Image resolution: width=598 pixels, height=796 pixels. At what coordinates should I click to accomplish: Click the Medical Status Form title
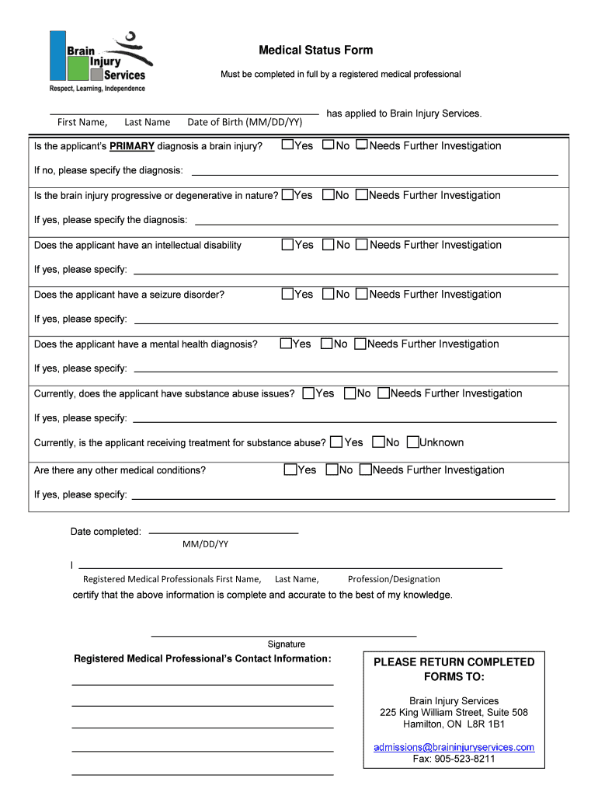315,51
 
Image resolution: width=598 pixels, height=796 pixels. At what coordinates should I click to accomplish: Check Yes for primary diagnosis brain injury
287,145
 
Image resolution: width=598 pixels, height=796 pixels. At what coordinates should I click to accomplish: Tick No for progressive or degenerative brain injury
329,195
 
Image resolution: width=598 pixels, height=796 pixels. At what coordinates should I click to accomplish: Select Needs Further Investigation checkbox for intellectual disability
362,245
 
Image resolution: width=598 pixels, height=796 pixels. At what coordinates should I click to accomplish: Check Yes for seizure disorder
287,294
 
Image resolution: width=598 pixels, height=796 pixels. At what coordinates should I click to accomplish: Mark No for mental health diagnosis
327,344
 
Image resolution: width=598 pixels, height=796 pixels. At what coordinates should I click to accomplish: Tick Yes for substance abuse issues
308,393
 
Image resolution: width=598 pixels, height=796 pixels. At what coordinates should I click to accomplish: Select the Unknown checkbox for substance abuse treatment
412,442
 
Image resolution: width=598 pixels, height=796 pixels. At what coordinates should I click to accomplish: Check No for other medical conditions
332,470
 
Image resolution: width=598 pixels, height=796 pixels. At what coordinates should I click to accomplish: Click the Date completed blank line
223,532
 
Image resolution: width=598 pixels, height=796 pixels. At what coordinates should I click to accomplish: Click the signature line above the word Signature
283,635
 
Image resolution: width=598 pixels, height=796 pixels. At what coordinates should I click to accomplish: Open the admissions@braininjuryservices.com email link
454,747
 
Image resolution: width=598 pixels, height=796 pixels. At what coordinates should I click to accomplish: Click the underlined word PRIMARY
132,146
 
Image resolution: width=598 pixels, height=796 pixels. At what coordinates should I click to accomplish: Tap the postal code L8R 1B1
486,724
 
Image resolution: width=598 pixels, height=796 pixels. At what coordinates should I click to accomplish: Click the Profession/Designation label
394,579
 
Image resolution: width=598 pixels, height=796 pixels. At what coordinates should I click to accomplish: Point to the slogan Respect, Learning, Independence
97,89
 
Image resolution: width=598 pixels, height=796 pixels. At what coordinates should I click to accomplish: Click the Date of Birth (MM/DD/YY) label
245,122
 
